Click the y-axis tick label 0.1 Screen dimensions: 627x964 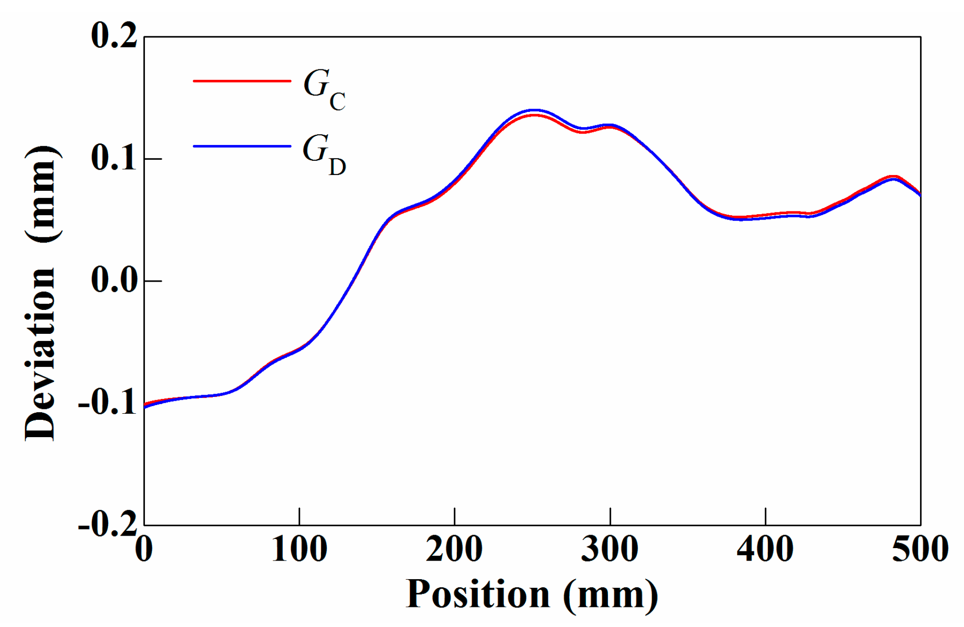pyautogui.click(x=114, y=158)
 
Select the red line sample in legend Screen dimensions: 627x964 pyautogui.click(x=242, y=81)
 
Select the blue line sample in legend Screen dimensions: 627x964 pyautogui.click(x=242, y=146)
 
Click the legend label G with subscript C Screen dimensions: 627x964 pyautogui.click(x=324, y=89)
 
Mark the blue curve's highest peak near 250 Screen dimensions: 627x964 pyautogui.click(x=534, y=110)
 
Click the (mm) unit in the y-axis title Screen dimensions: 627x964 pyautogui.click(x=43, y=194)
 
